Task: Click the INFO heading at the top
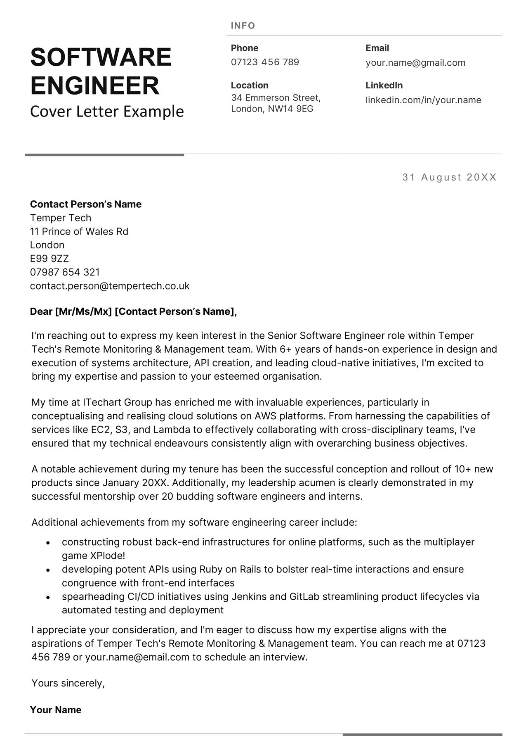(x=243, y=26)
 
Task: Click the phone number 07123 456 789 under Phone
(x=265, y=62)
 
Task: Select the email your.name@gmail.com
(x=415, y=63)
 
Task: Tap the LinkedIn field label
(x=384, y=85)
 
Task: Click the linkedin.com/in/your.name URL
(x=423, y=100)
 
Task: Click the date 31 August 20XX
(x=449, y=177)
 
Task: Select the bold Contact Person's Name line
(x=86, y=204)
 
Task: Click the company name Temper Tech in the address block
(x=61, y=218)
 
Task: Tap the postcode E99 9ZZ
(x=49, y=259)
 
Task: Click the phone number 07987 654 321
(x=65, y=272)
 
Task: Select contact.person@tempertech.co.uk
(x=110, y=286)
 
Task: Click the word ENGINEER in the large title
(x=95, y=85)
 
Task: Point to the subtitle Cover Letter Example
(x=107, y=112)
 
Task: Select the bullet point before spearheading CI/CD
(x=48, y=597)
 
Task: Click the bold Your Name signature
(x=56, y=710)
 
